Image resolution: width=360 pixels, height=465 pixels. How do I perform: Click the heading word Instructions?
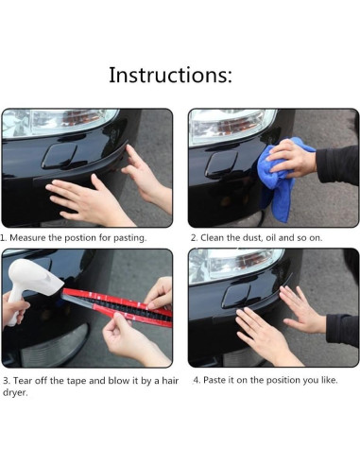tap(170, 75)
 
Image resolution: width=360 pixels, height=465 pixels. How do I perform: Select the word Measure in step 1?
tap(27, 237)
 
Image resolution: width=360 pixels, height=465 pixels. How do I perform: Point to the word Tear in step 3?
tap(23, 381)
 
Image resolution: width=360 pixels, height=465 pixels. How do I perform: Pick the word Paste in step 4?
tap(214, 380)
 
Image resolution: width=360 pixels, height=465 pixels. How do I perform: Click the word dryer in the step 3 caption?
tap(15, 393)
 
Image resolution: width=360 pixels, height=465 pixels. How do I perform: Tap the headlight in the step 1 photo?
tap(59, 123)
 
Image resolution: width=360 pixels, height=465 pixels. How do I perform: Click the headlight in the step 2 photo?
tap(231, 126)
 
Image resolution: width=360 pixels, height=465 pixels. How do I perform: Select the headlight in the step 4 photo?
tap(234, 265)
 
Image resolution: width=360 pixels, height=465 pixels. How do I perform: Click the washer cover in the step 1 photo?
tap(60, 156)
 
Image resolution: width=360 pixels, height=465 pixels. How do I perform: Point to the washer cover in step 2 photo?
tap(221, 164)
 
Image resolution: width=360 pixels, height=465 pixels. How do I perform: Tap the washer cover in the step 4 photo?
tap(235, 296)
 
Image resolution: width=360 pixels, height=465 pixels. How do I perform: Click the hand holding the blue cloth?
tap(290, 158)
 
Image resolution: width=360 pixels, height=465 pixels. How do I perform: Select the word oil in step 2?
tap(271, 237)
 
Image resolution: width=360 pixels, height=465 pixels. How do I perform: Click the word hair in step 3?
tap(170, 381)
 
